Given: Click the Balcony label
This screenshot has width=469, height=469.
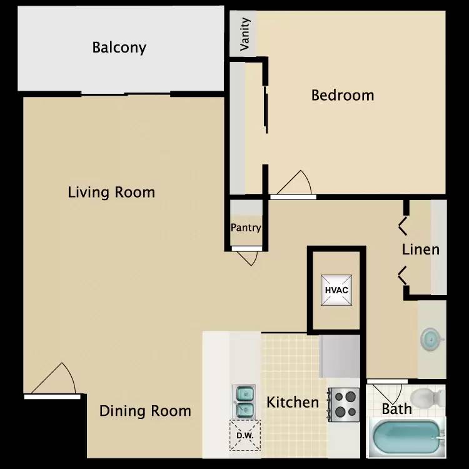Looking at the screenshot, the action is pyautogui.click(x=119, y=48).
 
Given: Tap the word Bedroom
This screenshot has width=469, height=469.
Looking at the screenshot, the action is pyautogui.click(x=343, y=96).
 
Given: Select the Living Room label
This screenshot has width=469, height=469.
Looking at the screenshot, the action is pyautogui.click(x=111, y=193).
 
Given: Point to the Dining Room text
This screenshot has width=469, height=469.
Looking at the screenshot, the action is pyautogui.click(x=145, y=411).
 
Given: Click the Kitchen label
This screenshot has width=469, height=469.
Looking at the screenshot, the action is pyautogui.click(x=293, y=402).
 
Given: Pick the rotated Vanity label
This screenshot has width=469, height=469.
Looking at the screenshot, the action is pyautogui.click(x=245, y=34).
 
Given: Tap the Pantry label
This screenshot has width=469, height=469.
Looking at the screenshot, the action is pyautogui.click(x=246, y=228).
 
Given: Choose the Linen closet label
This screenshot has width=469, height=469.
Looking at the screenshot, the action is pyautogui.click(x=421, y=250).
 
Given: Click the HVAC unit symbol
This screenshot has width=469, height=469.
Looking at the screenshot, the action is pyautogui.click(x=336, y=290).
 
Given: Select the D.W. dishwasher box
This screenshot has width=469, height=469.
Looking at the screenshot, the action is pyautogui.click(x=245, y=435).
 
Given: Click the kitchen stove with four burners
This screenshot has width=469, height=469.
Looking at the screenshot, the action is pyautogui.click(x=344, y=405).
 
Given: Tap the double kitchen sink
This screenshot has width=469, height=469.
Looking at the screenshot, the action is pyautogui.click(x=244, y=401).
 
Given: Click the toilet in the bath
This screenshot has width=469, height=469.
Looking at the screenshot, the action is pyautogui.click(x=427, y=398).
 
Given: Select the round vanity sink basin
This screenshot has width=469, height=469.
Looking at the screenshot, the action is pyautogui.click(x=431, y=340).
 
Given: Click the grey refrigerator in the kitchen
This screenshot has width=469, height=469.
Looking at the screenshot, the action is pyautogui.click(x=340, y=356).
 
